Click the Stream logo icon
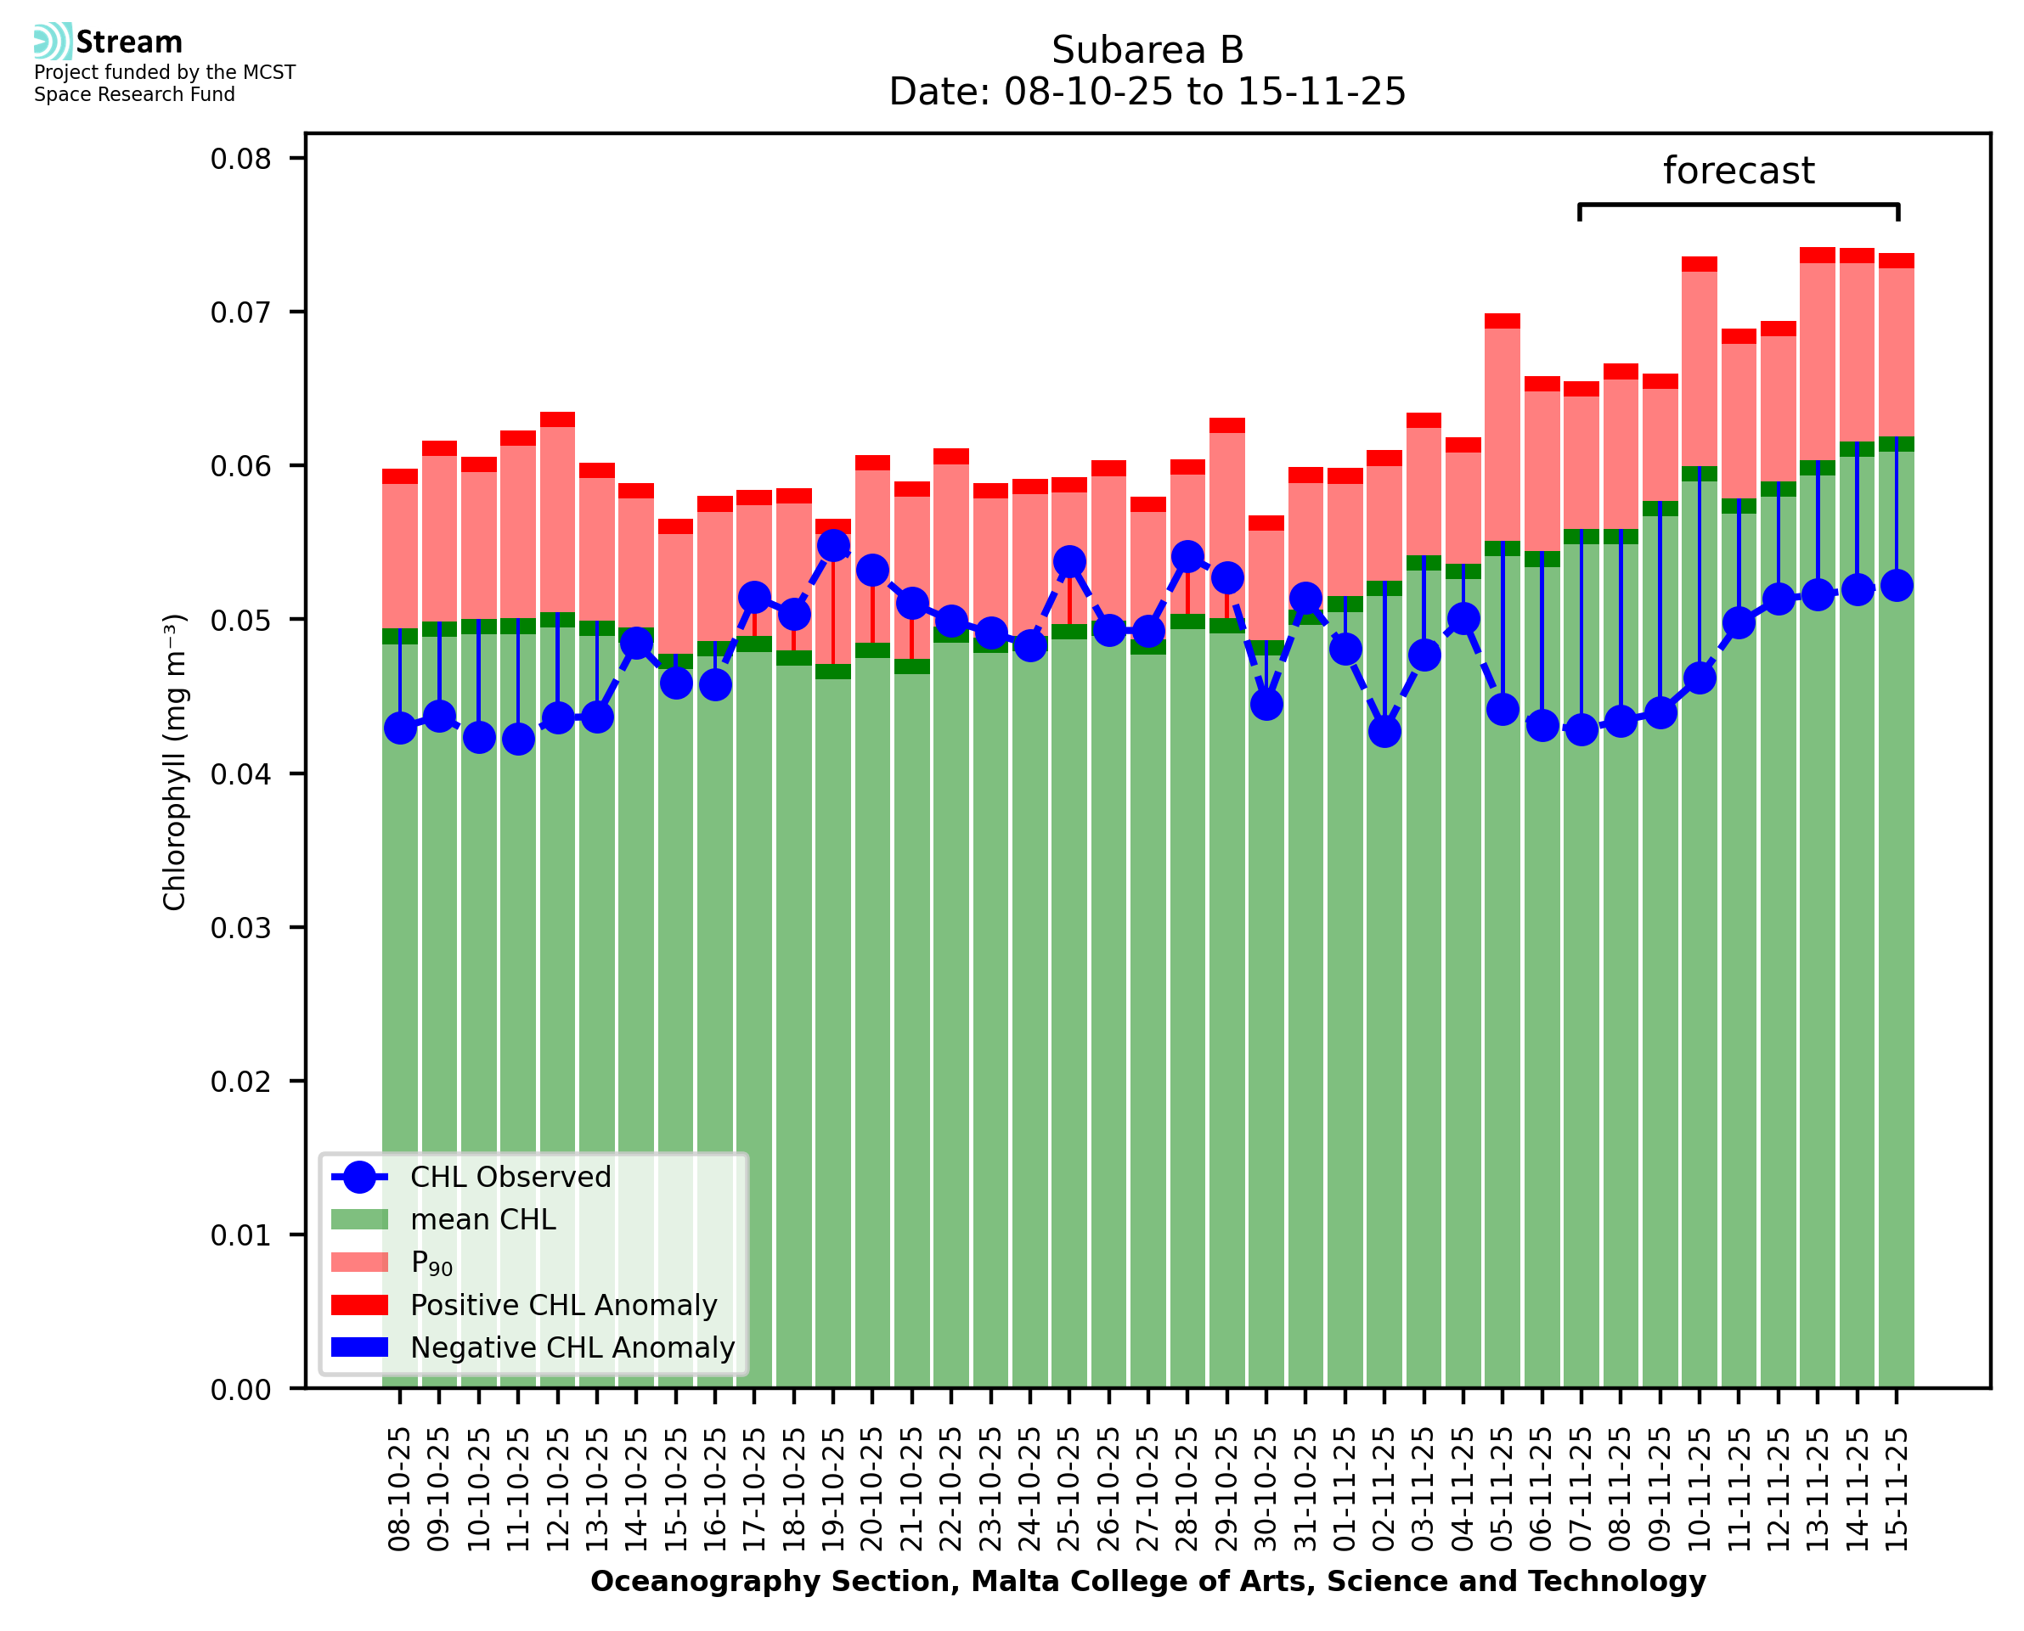point(53,42)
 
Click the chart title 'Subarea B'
point(1147,50)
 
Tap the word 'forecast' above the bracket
point(1739,171)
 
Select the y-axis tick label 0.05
point(240,620)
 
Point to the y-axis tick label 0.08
point(240,159)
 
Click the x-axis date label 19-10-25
point(833,1490)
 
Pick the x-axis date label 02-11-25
point(1384,1490)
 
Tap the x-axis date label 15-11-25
point(1897,1490)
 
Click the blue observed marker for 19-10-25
point(833,546)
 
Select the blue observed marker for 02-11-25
point(1384,731)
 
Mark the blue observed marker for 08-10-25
point(400,728)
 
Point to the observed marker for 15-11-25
point(1897,586)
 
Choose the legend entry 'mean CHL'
point(483,1219)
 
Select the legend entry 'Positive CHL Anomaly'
point(564,1305)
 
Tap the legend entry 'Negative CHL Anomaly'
point(572,1347)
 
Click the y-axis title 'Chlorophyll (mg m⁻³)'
point(175,762)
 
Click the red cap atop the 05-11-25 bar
point(1502,321)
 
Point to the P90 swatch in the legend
point(360,1262)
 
